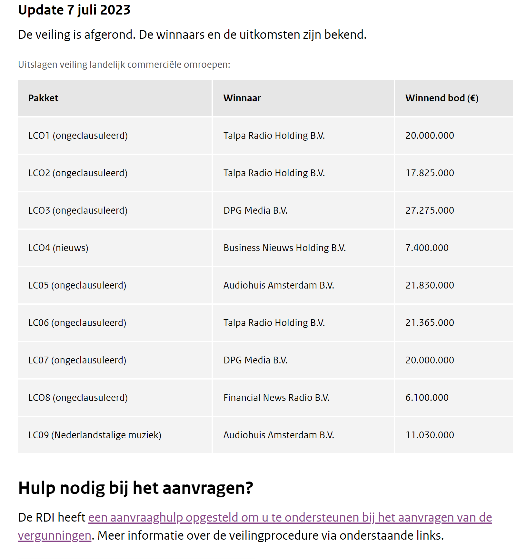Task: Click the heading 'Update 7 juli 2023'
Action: (x=74, y=10)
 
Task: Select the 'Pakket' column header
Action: (x=43, y=98)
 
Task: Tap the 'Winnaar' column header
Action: (x=242, y=98)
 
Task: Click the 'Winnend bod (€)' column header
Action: (x=442, y=98)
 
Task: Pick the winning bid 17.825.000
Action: (x=430, y=173)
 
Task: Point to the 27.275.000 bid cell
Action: (x=430, y=210)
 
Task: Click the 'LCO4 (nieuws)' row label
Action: (x=58, y=248)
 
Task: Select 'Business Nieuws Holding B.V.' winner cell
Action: (x=284, y=248)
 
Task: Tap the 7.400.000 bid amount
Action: (x=427, y=248)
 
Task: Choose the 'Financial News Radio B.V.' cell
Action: (x=276, y=398)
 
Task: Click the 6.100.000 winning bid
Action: (x=427, y=398)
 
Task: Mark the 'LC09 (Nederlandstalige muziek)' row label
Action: (x=94, y=435)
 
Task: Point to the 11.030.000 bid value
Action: (x=430, y=435)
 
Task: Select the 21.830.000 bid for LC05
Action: (x=430, y=285)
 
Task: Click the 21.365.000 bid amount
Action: (x=430, y=323)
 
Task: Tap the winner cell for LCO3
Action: (x=255, y=210)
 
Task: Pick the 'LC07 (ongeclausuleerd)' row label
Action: (x=77, y=360)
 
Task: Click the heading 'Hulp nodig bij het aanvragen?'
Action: (x=135, y=488)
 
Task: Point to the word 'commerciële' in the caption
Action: (x=155, y=65)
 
